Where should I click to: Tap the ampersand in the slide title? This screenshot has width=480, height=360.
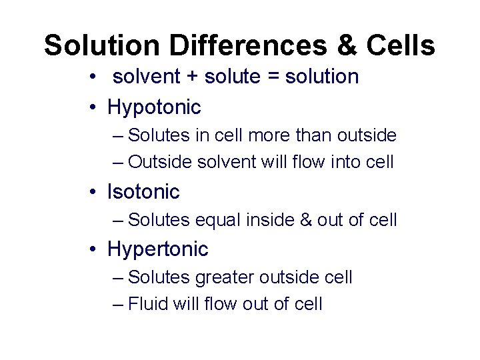point(349,45)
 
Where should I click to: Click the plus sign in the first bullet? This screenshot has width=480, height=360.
point(192,77)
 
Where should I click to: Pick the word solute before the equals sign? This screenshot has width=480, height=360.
point(231,77)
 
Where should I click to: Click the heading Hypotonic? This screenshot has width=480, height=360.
point(154,106)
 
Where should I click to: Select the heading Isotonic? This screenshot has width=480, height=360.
point(143,192)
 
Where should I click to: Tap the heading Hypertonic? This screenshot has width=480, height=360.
point(158,249)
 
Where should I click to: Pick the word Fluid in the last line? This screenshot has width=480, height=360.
point(147,304)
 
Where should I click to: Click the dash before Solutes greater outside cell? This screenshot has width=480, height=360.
point(118,277)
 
